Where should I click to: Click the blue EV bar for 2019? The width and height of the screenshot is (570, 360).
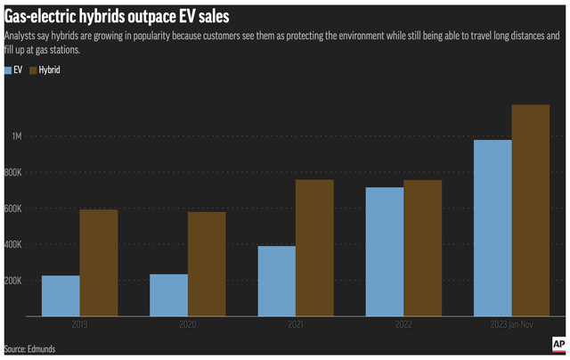(x=61, y=296)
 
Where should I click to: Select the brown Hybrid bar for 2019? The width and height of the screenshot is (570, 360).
(x=98, y=263)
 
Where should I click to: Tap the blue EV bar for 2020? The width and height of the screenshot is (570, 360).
(x=168, y=295)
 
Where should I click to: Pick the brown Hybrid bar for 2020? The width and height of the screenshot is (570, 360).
(x=206, y=264)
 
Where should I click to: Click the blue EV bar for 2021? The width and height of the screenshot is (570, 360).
(x=277, y=281)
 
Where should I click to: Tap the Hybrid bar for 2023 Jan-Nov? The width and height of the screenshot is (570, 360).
(x=531, y=210)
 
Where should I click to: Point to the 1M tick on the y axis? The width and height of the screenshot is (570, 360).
(x=17, y=136)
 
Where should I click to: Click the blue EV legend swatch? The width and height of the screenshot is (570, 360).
(x=9, y=70)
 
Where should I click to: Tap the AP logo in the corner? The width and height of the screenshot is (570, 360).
(x=558, y=344)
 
